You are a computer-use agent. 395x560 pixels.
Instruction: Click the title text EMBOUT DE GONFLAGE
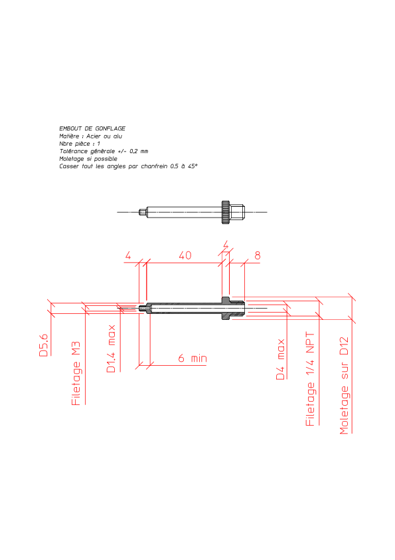tap(92, 128)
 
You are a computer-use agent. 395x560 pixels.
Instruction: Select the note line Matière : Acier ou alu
tap(90, 136)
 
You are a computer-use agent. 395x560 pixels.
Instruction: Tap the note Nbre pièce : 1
tap(80, 144)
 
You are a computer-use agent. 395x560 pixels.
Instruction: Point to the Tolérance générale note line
tap(104, 151)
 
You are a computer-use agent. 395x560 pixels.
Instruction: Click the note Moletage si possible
tap(88, 158)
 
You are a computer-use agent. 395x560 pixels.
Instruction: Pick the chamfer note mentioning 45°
tap(128, 166)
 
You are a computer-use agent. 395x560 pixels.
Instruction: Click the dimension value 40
tap(185, 255)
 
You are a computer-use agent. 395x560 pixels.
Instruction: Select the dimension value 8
tap(258, 255)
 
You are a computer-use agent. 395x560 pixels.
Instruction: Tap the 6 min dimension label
tap(193, 358)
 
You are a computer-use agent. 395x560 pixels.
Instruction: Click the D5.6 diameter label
tap(44, 345)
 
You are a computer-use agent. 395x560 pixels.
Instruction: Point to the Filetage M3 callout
tap(76, 374)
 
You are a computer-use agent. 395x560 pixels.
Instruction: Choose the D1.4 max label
tap(112, 349)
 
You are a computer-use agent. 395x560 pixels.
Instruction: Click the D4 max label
tap(281, 359)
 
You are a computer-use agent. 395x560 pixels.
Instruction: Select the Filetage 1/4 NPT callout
tap(310, 379)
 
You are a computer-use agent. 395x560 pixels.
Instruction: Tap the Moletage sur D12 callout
tap(344, 385)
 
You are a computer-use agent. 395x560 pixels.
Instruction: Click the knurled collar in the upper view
tap(226, 212)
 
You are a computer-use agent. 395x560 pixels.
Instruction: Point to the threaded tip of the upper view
tap(143, 212)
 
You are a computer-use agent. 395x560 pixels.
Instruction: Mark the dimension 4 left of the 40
tap(128, 255)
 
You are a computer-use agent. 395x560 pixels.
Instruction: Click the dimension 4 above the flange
tap(226, 245)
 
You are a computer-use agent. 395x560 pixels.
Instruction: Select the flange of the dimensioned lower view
tap(226, 308)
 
